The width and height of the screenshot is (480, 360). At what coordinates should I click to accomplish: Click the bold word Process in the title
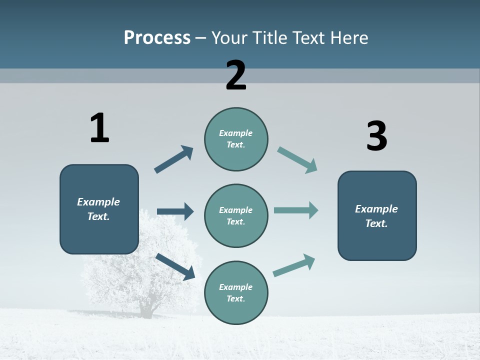click(157, 38)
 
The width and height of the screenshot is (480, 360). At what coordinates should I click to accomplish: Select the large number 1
click(99, 128)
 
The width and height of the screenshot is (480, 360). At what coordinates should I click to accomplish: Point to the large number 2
click(236, 75)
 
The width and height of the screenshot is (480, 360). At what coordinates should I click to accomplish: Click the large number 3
click(376, 136)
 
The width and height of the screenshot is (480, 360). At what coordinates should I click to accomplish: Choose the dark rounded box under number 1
click(99, 209)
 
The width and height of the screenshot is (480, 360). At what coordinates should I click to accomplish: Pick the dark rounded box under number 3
click(377, 216)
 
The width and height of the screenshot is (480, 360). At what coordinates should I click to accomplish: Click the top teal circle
click(236, 139)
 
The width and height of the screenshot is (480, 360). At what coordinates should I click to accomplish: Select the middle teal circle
click(236, 215)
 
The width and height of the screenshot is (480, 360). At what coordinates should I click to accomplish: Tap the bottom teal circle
click(236, 292)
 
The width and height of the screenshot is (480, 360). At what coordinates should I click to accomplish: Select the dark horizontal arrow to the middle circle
click(175, 211)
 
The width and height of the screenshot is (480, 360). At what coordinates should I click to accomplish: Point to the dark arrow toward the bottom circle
click(175, 266)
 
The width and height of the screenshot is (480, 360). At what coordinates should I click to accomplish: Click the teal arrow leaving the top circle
click(297, 160)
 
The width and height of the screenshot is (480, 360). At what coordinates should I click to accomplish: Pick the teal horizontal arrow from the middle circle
click(296, 210)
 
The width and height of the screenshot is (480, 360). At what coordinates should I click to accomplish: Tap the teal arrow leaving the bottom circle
click(294, 265)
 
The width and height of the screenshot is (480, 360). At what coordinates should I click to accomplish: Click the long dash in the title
click(201, 38)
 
